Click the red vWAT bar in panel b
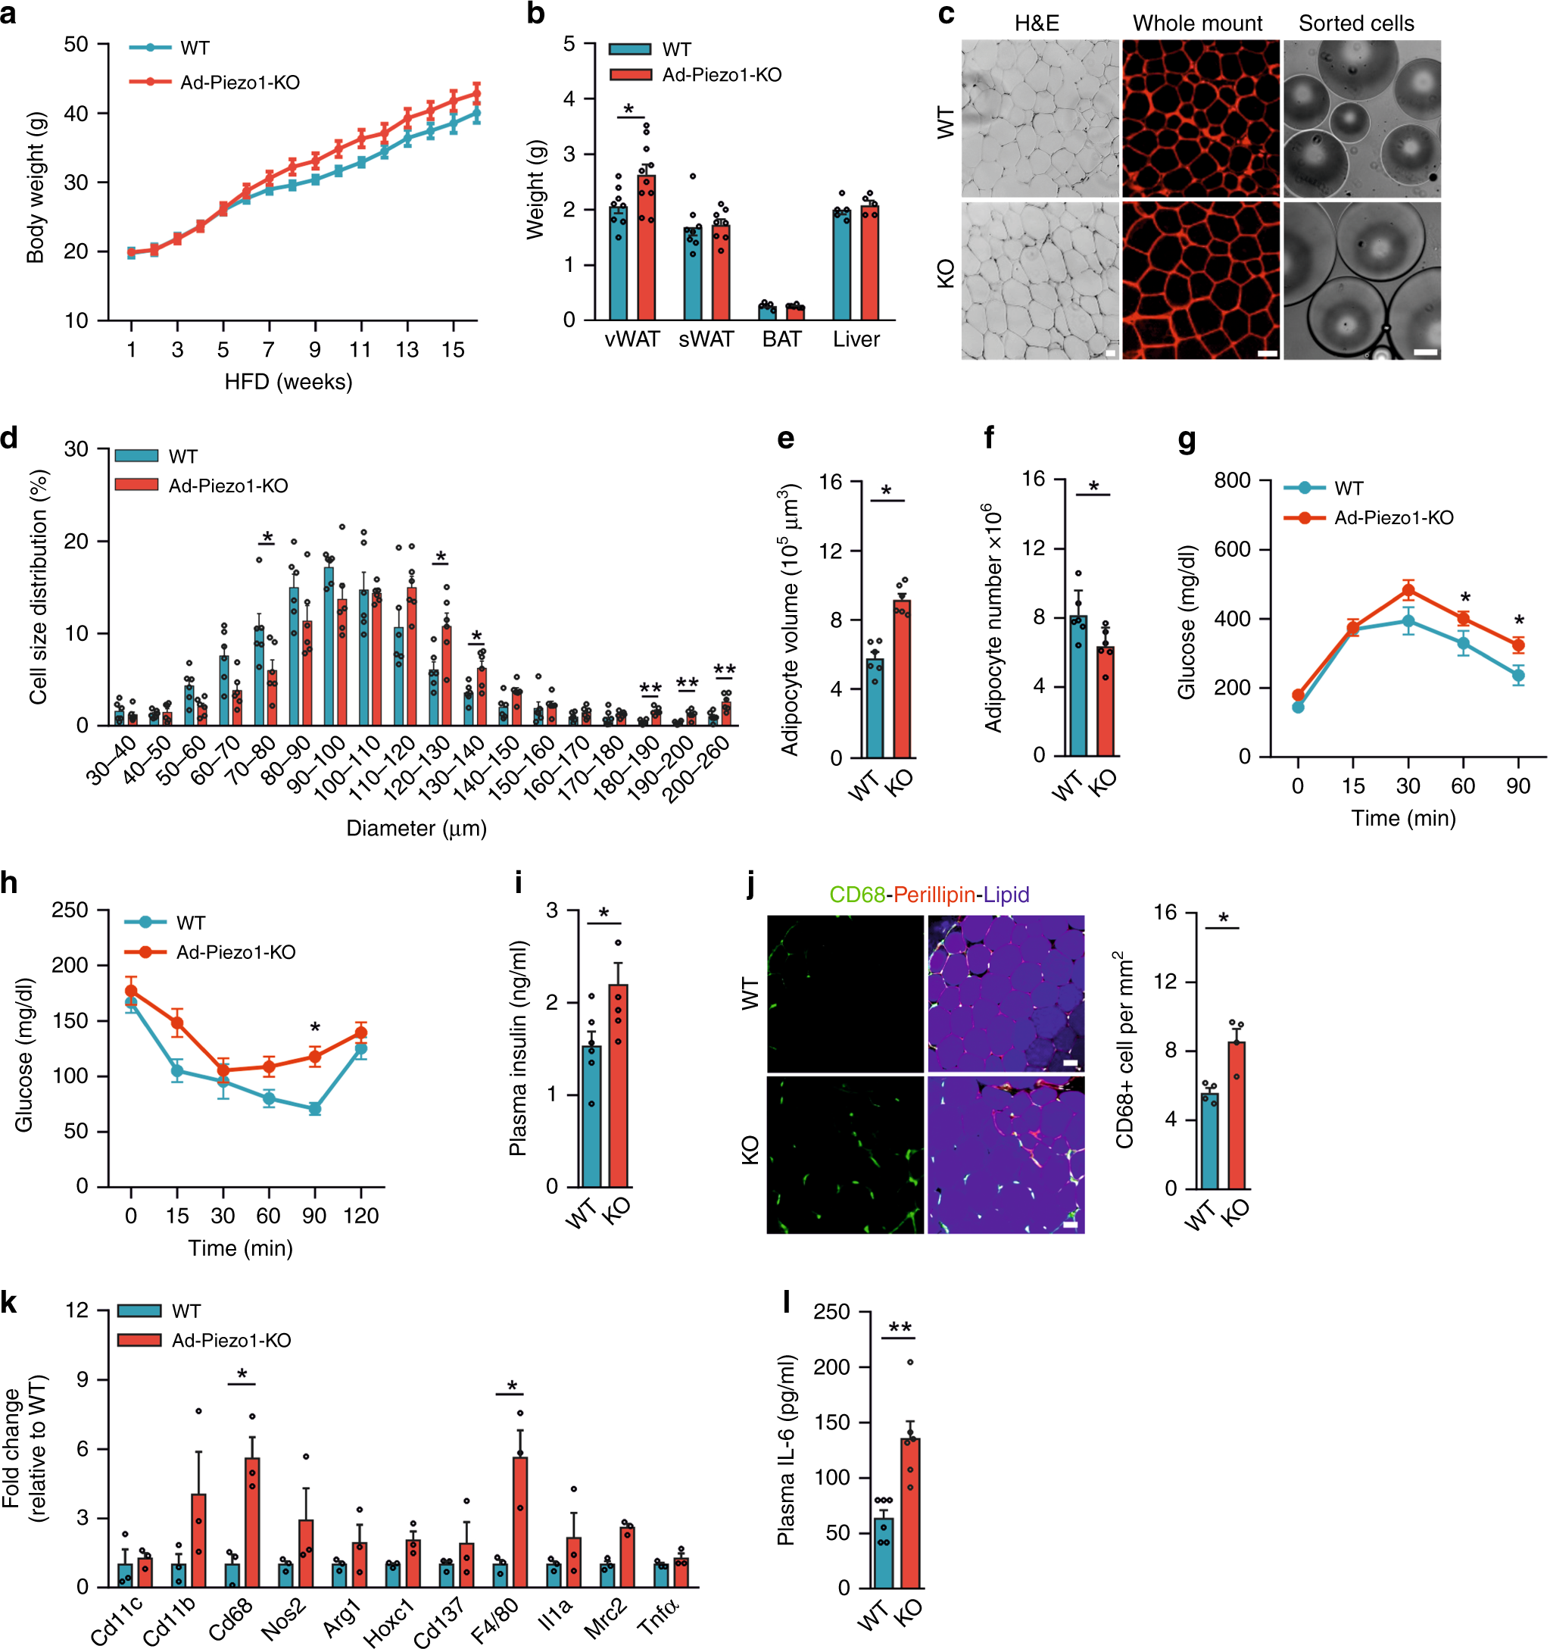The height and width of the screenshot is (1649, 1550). (x=646, y=249)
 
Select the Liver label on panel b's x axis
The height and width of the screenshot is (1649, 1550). (x=856, y=339)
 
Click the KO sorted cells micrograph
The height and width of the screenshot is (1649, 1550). (x=1361, y=280)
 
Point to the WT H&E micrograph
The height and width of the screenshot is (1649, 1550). (x=1039, y=119)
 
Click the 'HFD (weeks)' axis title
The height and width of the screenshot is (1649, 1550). (x=288, y=382)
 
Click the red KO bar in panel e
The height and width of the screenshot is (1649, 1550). (x=902, y=679)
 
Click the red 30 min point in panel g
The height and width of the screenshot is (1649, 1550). (x=1408, y=591)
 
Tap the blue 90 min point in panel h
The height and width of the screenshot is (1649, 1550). (x=314, y=1109)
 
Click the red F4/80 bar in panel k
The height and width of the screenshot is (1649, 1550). (x=519, y=1521)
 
